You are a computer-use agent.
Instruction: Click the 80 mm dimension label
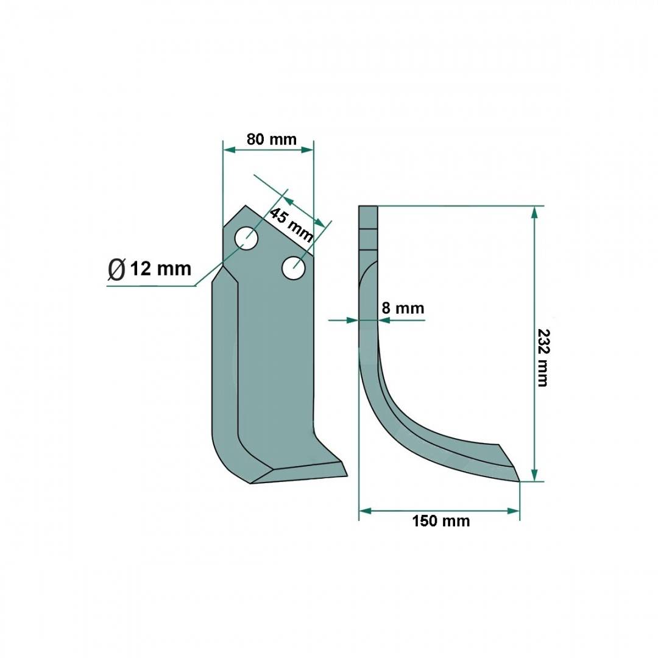[272, 139]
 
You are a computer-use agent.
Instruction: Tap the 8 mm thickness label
[403, 308]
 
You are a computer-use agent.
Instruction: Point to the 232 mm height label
[543, 358]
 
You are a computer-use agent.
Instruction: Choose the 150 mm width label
[440, 521]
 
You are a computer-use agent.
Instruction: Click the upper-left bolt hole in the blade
[246, 238]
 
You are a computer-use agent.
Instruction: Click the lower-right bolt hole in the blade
[293, 267]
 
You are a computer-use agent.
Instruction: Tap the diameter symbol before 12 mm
[116, 269]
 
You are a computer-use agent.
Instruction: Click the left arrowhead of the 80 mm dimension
[228, 150]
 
